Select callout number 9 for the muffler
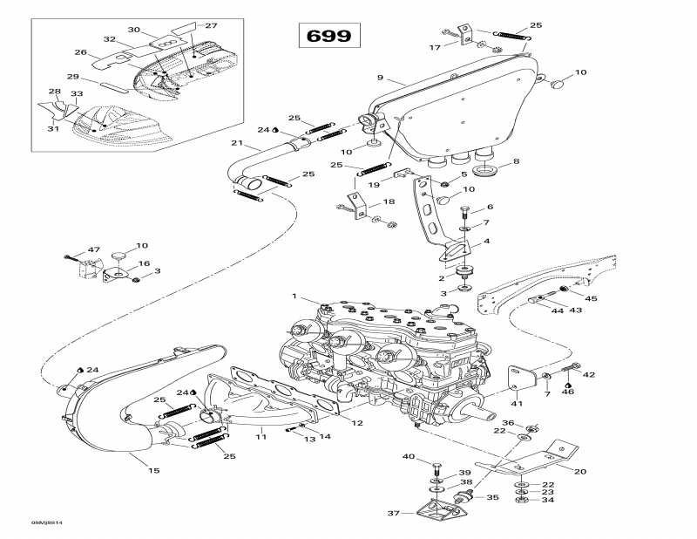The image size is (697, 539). click(x=380, y=78)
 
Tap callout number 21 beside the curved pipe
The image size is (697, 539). click(x=236, y=143)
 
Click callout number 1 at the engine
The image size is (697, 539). click(x=294, y=297)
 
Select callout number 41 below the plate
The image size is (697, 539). click(x=517, y=404)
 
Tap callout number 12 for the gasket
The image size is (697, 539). click(x=357, y=423)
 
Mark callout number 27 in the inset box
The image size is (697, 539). click(x=211, y=25)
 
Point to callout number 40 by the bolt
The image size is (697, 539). click(x=409, y=457)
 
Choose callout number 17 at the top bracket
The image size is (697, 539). click(x=435, y=46)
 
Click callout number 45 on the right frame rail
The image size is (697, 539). click(x=592, y=298)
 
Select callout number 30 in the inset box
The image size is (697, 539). click(x=133, y=29)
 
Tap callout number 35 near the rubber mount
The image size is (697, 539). click(x=492, y=497)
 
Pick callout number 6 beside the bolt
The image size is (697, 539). click(x=490, y=207)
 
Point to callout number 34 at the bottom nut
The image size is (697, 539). click(x=548, y=500)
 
